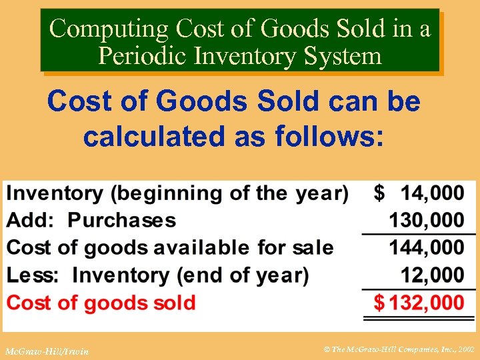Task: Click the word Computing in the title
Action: (x=109, y=28)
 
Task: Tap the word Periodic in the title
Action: (x=141, y=55)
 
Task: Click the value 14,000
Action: (x=432, y=193)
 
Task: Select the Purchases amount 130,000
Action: (x=427, y=220)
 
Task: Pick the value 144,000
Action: (x=427, y=247)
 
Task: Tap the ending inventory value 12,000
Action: (x=432, y=275)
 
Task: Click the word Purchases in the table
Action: (x=122, y=220)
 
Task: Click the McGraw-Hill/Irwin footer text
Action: (x=46, y=351)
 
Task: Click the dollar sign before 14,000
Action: (x=379, y=193)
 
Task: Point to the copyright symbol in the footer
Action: (x=327, y=349)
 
